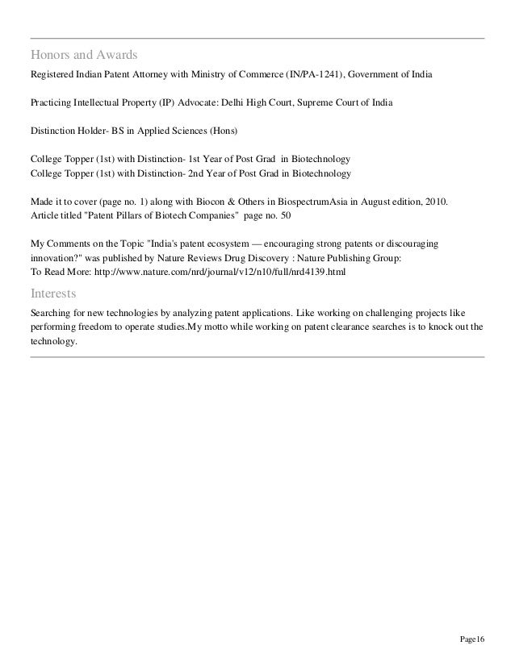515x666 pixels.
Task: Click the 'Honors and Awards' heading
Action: pyautogui.click(x=84, y=56)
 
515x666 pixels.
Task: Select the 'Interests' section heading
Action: pyautogui.click(x=53, y=292)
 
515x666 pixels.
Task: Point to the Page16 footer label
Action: pyautogui.click(x=471, y=639)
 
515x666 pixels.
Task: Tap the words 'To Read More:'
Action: pyautogui.click(x=57, y=273)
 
